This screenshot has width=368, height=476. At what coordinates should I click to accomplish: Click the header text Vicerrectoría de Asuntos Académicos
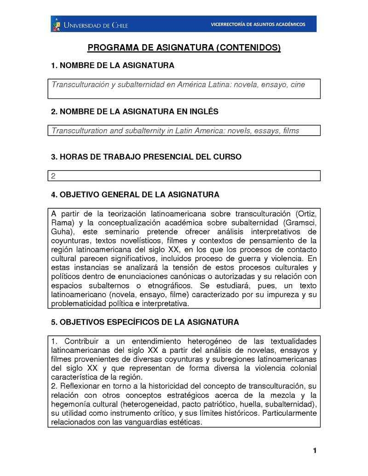pos(258,24)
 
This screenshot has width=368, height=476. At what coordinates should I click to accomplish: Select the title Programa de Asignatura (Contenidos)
pos(184,48)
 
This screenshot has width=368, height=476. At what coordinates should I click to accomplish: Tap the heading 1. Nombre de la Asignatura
pos(112,66)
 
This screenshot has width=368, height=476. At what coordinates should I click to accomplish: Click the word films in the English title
pos(291,131)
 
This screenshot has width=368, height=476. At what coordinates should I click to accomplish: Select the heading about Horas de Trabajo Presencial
pos(146,157)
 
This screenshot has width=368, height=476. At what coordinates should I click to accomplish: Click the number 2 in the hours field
pos(53,176)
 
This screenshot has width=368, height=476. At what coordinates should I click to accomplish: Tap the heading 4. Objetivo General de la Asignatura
pos(135,195)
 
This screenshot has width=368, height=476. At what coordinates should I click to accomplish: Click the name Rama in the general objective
pos(62,223)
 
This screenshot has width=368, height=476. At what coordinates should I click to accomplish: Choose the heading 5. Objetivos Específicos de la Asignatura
pos(144,322)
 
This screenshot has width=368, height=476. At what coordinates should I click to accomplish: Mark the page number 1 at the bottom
pos(315,451)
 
